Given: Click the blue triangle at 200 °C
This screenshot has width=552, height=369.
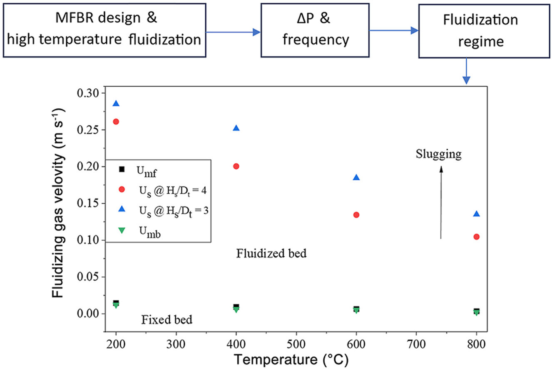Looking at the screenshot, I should click(116, 103).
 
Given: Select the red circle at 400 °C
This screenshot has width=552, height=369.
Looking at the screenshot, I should click(236, 166).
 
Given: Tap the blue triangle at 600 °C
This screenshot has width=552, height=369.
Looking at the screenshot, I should click(356, 177).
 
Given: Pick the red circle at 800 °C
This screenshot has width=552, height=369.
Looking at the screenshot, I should click(477, 237).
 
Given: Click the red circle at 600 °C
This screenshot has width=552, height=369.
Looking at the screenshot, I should click(356, 214).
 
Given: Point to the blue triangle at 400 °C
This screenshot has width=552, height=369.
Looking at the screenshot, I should click(236, 128).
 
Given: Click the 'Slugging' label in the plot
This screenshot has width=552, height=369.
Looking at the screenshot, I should click(439, 155).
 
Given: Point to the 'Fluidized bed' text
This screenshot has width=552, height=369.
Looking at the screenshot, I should click(271, 253).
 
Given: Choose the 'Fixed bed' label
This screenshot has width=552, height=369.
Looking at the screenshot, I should click(167, 320).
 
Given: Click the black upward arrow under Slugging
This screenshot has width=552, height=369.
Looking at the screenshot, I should click(441, 202).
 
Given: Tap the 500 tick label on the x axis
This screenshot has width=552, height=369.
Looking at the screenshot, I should click(296, 345).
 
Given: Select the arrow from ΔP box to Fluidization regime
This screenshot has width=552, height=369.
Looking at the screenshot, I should click(393, 30).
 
